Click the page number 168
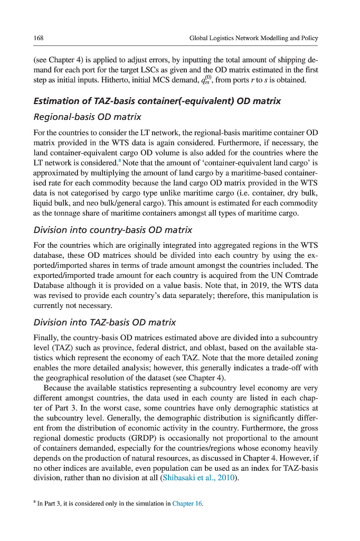pyautogui.click(x=39, y=38)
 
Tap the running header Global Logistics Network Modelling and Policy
pyautogui.click(x=253, y=38)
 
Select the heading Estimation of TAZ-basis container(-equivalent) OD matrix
pyautogui.click(x=157, y=101)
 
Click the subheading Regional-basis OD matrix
pyautogui.click(x=87, y=116)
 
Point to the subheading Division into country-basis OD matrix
pyautogui.click(x=112, y=230)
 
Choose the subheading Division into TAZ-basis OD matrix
pyautogui.click(x=105, y=322)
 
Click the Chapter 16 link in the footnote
pyautogui.click(x=187, y=503)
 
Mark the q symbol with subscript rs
pyautogui.click(x=207, y=81)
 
